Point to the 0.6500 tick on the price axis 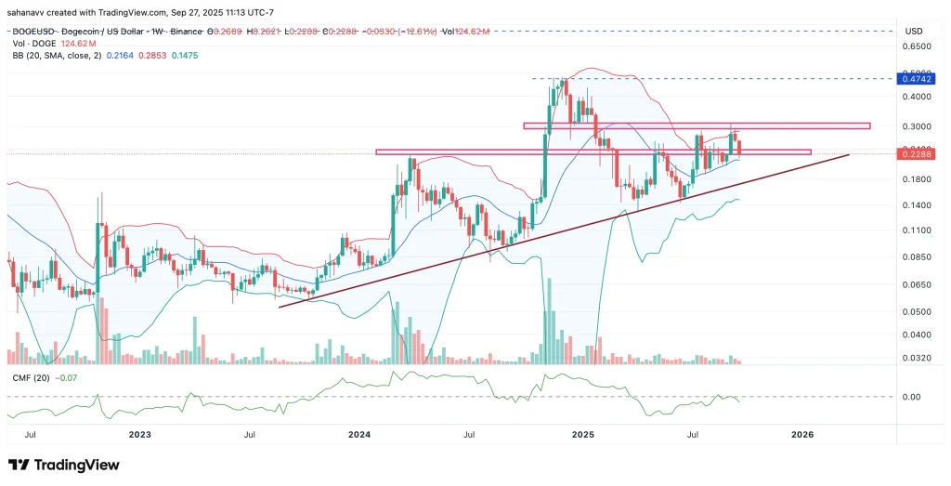tap(918, 46)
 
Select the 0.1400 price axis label tap(918, 204)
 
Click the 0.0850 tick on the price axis tap(918, 257)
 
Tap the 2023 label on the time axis tap(139, 434)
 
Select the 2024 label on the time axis tap(359, 434)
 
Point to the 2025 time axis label tap(582, 434)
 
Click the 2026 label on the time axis tap(803, 434)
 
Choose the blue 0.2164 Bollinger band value tap(119, 56)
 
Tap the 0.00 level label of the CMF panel tap(912, 397)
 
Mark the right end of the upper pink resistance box tap(869, 125)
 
